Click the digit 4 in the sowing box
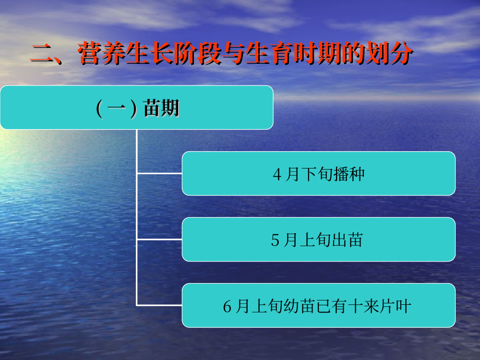coord(277,175)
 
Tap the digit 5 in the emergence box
coord(275,240)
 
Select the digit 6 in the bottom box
coord(227,306)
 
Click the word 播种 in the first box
coord(349,174)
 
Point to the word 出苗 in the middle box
coord(347,240)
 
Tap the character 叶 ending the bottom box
coord(403,306)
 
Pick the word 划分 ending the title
coord(389,53)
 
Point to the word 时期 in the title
coord(317,53)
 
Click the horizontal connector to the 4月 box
coord(159,173)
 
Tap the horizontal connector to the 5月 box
coord(159,240)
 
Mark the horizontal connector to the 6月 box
coord(159,305)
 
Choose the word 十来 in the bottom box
coord(363,306)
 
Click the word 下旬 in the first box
coord(317,174)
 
